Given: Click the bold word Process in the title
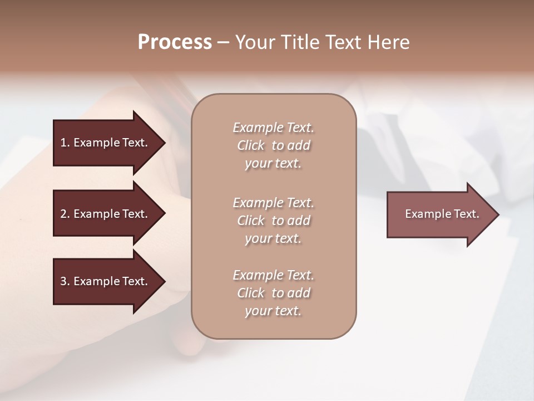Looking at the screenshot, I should click(175, 42).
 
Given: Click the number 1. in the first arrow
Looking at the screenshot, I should click(65, 143).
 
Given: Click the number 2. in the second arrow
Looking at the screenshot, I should click(65, 214).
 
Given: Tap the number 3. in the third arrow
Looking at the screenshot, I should click(65, 281).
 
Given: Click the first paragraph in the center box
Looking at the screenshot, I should click(273, 145).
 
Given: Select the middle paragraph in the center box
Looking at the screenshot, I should click(273, 221).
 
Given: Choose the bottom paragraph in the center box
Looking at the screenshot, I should click(273, 293).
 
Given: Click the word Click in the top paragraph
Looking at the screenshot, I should click(251, 145).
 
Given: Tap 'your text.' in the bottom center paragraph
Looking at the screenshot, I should click(273, 311).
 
